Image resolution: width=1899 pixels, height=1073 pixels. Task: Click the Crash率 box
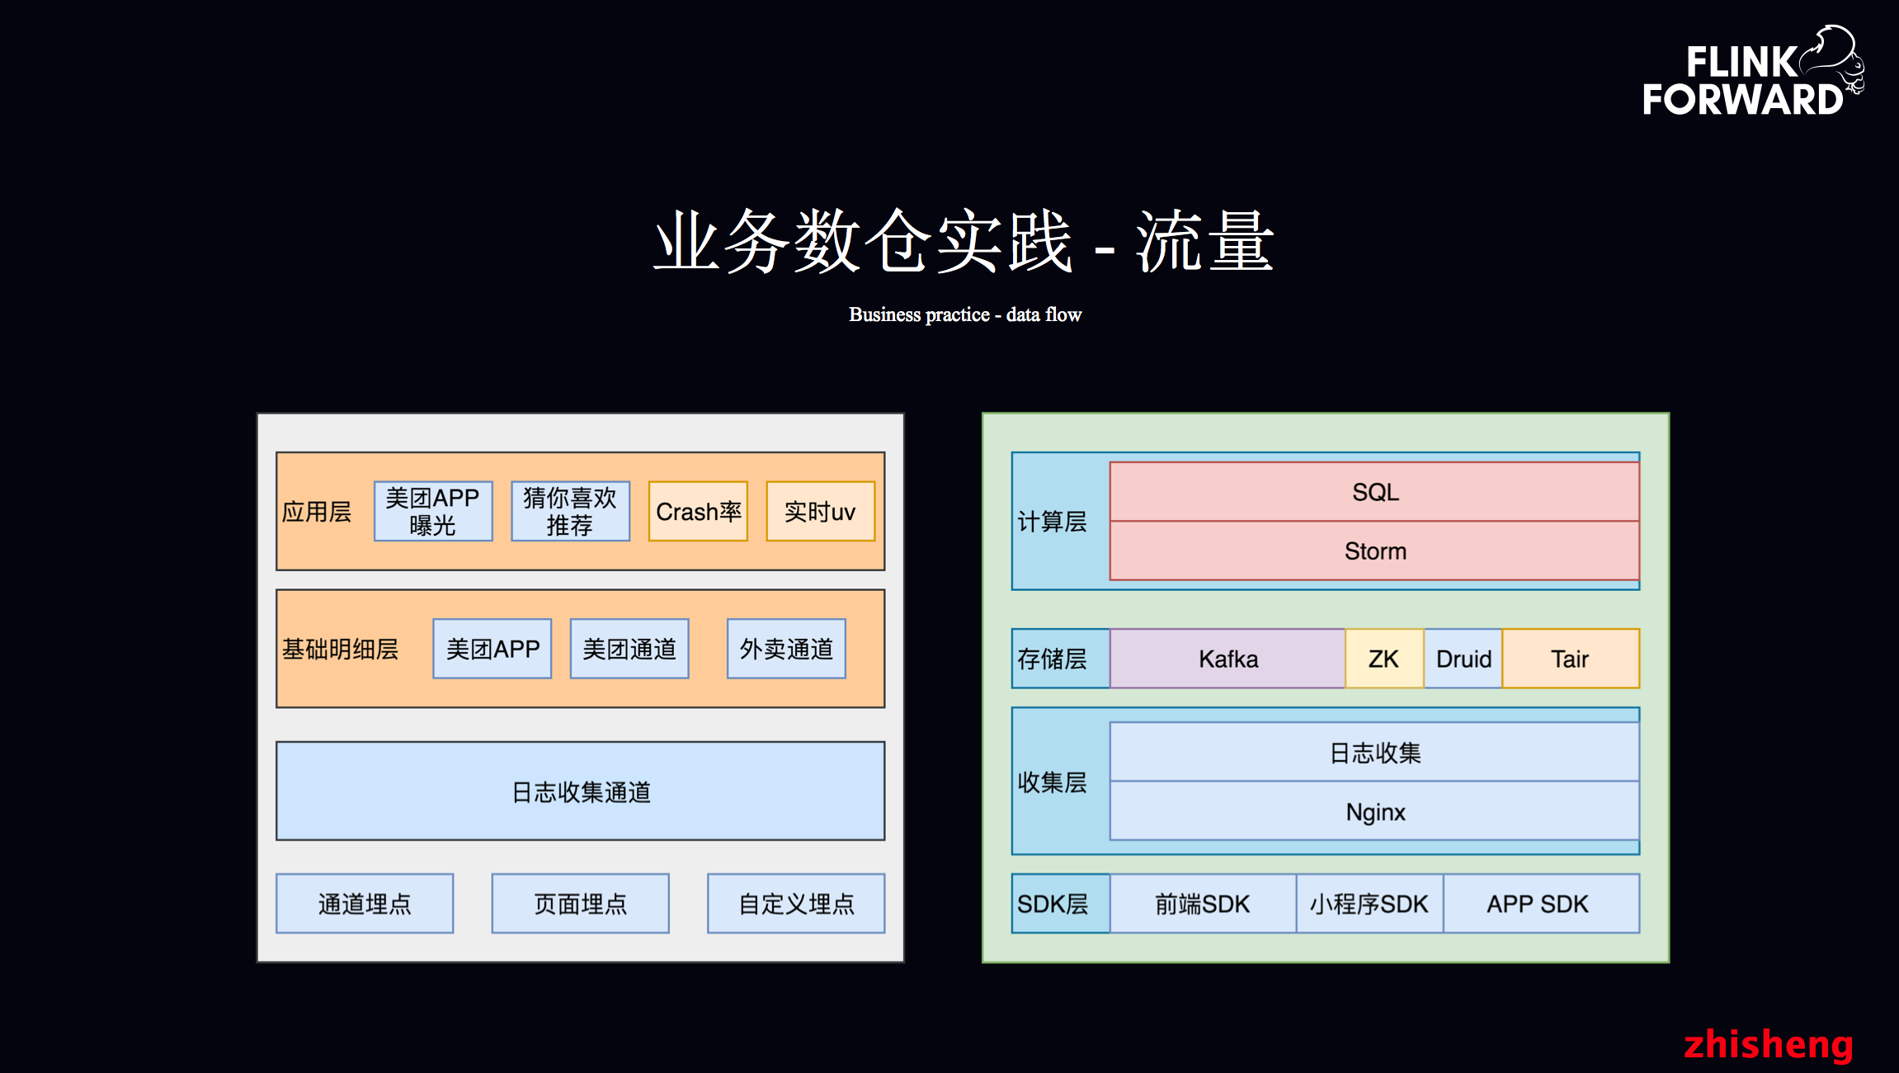[698, 512]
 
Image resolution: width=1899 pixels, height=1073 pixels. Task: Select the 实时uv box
[820, 512]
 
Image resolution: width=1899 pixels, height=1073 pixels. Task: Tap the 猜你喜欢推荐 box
[570, 512]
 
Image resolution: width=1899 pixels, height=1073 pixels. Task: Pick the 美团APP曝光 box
[433, 512]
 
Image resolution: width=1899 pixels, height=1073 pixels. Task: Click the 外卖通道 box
[786, 649]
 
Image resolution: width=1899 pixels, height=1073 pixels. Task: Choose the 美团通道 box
[629, 649]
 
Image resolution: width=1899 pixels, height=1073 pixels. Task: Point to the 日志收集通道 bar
[580, 791]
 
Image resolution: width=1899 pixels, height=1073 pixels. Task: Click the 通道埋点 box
[365, 904]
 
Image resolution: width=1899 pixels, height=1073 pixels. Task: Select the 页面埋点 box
[580, 904]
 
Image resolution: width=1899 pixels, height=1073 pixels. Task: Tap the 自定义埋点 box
[796, 904]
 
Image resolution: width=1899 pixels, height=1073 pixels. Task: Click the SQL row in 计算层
[1374, 492]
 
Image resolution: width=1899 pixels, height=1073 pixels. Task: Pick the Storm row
[1374, 551]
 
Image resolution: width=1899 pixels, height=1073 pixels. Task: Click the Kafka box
[1228, 659]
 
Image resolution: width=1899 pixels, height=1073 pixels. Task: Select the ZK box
[1383, 659]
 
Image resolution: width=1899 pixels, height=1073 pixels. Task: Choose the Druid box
[1463, 659]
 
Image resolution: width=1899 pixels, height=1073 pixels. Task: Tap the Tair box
[1570, 659]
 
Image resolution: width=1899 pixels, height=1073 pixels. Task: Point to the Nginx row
[1374, 811]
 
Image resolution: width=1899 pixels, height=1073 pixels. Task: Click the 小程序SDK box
[1369, 904]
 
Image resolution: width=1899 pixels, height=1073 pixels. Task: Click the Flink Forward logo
[1751, 73]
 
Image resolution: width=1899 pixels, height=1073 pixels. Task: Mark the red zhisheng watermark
[1768, 1044]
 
